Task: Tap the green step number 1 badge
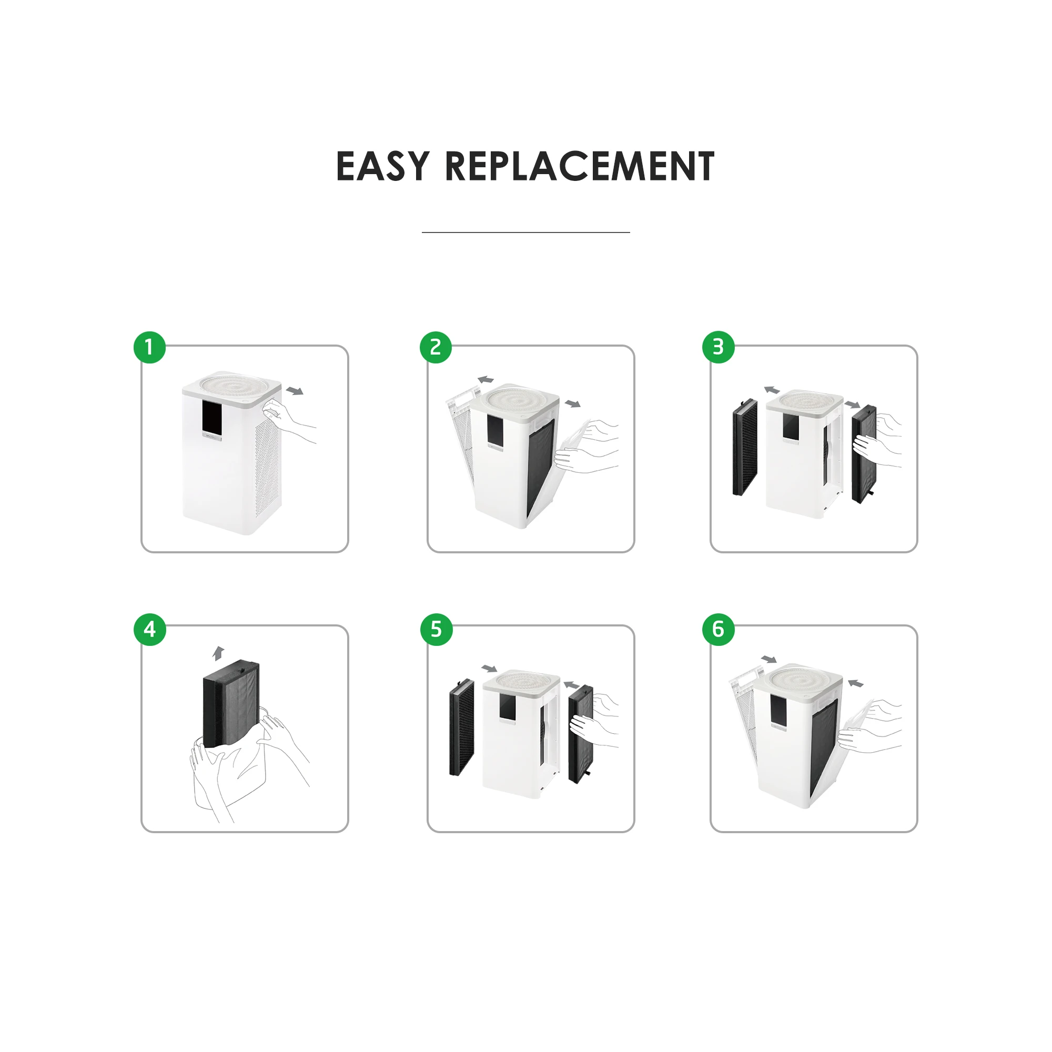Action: click(150, 347)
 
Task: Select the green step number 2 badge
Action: click(436, 347)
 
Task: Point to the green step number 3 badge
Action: click(718, 347)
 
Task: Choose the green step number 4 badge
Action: click(150, 630)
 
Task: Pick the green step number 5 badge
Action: click(436, 630)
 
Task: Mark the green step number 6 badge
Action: click(718, 630)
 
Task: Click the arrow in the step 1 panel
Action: click(295, 391)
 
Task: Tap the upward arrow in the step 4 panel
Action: click(218, 653)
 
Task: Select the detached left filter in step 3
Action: click(745, 447)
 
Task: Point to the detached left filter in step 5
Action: click(462, 727)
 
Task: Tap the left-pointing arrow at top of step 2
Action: click(485, 380)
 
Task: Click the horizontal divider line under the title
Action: click(525, 232)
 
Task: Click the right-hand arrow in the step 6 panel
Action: click(856, 683)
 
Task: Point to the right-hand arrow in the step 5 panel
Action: click(571, 685)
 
